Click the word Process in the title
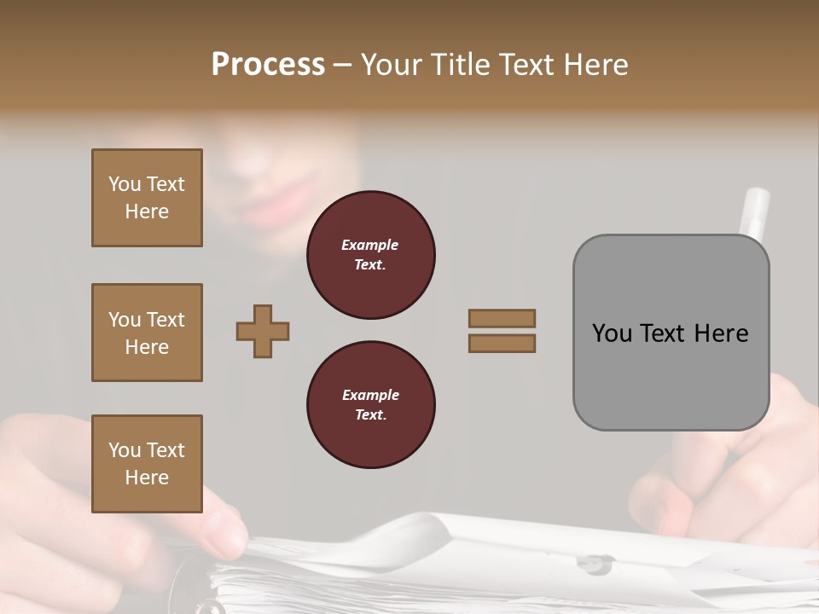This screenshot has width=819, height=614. (268, 64)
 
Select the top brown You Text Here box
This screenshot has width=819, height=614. (147, 198)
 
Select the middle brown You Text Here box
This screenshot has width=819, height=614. (147, 333)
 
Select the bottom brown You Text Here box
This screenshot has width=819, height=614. (147, 464)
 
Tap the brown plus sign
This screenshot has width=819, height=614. (263, 331)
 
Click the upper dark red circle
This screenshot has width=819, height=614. (370, 255)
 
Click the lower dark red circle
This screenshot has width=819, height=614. (370, 405)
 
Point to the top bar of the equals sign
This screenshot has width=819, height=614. (502, 318)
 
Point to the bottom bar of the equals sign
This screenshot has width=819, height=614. (502, 343)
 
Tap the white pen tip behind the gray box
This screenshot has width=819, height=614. (755, 209)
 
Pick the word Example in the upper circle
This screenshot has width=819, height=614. (370, 245)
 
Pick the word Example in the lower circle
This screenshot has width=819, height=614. (370, 395)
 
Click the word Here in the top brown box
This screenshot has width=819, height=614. (147, 211)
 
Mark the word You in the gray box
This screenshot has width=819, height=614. (611, 333)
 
